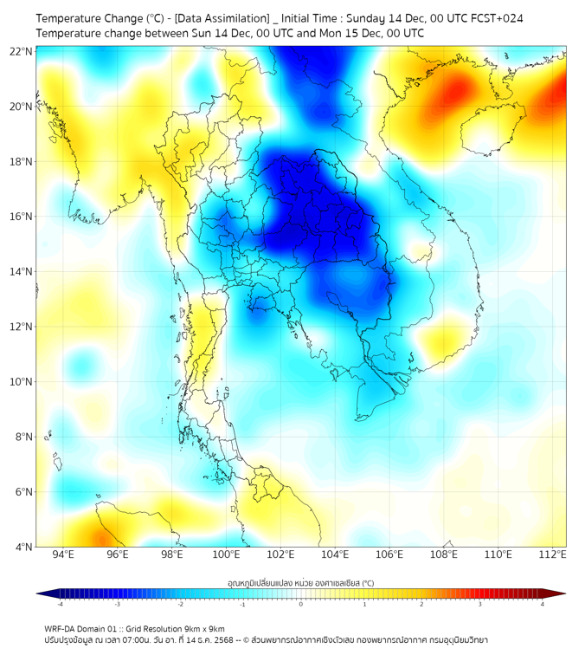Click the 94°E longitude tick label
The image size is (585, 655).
pos(63,554)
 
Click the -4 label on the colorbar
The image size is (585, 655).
pos(60,604)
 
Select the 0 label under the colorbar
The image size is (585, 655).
pos(301,604)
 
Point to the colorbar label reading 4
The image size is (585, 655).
pos(543,604)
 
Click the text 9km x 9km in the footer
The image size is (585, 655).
pos(203,628)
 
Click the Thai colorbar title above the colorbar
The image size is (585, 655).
pos(300,583)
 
